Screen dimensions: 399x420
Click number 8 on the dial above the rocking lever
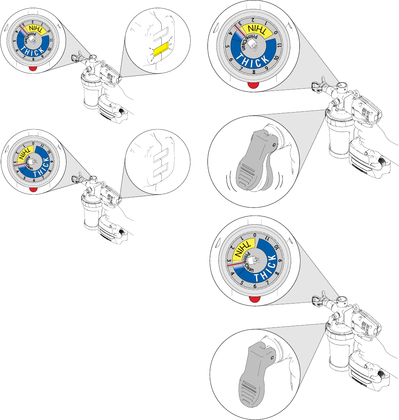[254, 71]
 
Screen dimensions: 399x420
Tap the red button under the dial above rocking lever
[254, 86]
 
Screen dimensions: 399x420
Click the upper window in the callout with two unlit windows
[160, 155]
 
